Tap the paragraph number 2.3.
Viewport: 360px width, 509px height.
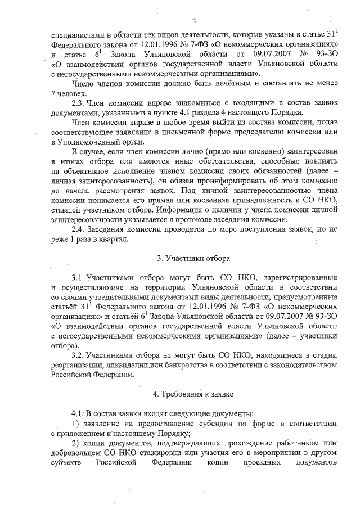[x=77, y=103]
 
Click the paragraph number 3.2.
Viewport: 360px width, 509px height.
[x=77, y=355]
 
